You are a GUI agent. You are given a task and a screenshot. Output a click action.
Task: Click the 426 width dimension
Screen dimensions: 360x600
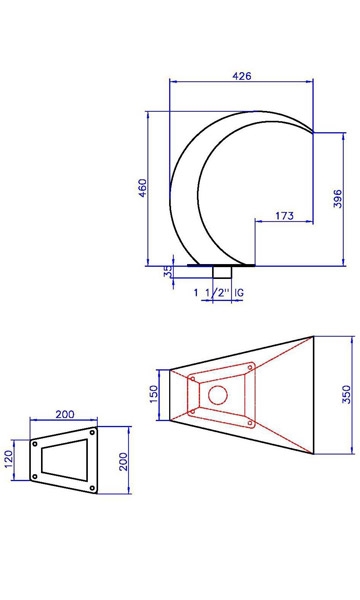tap(242, 76)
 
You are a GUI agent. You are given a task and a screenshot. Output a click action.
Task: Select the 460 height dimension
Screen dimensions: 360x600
tap(142, 188)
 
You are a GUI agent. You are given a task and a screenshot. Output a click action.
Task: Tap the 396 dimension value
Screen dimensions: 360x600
tap(337, 198)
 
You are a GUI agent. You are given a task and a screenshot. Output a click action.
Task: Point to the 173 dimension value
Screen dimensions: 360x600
tap(285, 216)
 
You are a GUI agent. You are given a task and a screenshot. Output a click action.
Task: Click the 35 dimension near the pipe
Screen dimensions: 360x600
tap(168, 272)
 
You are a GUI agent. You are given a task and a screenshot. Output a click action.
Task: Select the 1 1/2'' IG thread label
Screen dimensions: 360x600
tap(218, 293)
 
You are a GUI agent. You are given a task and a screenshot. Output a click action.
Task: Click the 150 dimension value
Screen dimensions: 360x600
tap(153, 394)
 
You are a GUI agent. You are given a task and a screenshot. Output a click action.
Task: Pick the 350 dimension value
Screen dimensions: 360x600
tap(346, 395)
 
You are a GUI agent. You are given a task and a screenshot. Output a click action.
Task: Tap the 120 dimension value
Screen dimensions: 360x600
tap(8, 459)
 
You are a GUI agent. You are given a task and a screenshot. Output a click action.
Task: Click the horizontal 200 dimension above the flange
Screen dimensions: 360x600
tap(65, 414)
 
